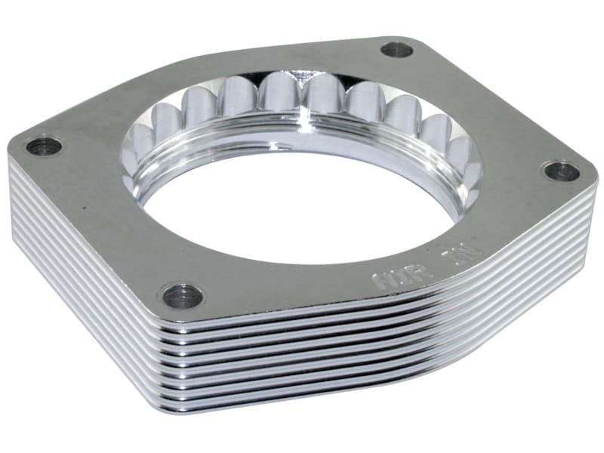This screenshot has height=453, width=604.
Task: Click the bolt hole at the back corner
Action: click(396, 51)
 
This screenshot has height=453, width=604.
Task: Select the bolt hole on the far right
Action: click(562, 171)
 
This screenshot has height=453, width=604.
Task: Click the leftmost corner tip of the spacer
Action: click(11, 162)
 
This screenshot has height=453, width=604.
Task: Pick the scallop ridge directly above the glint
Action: click(302, 83)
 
